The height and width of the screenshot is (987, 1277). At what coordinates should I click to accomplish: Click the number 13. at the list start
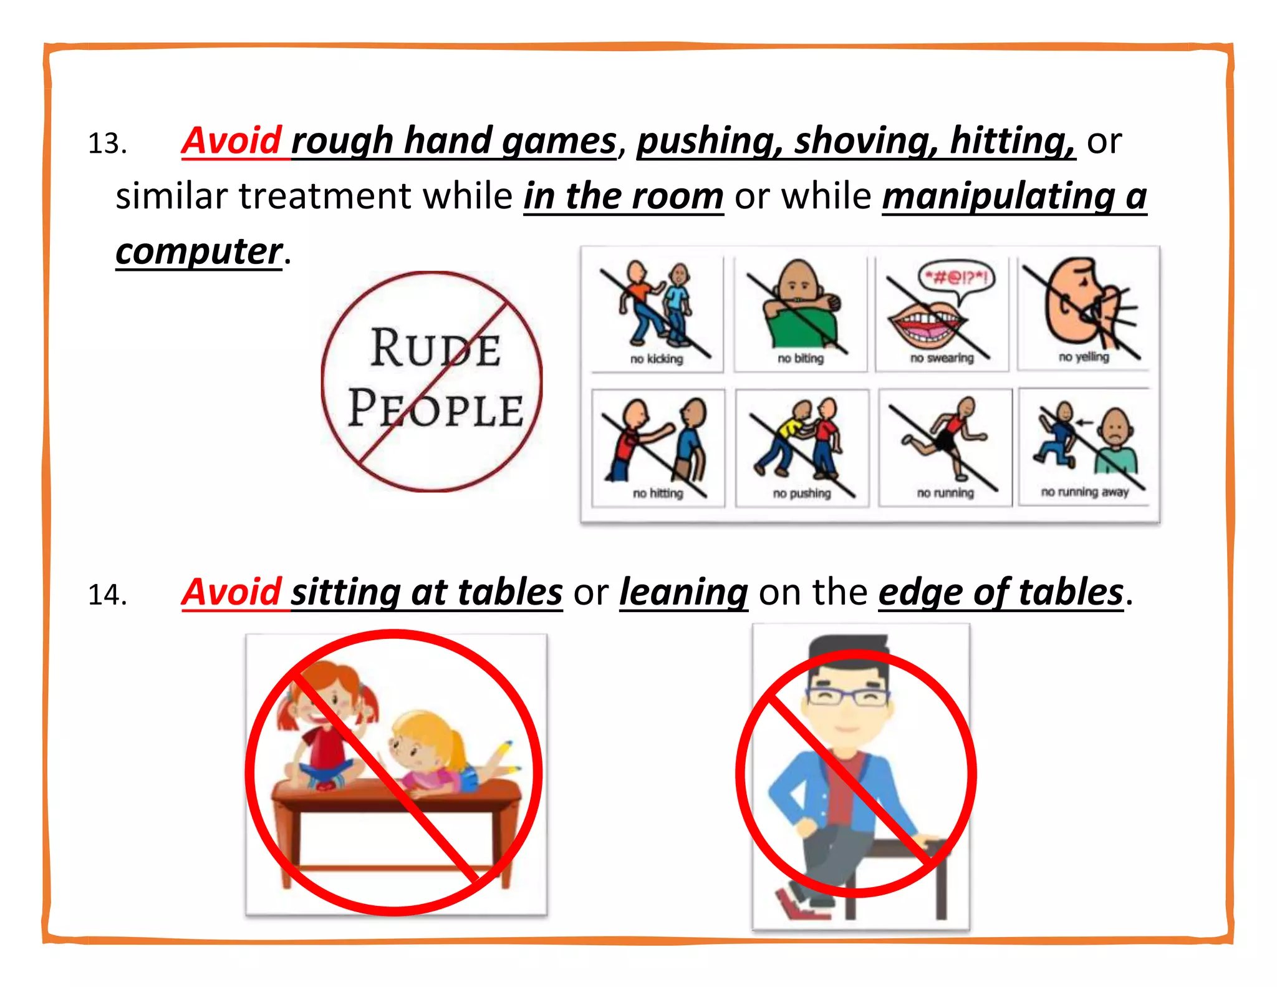coord(107,144)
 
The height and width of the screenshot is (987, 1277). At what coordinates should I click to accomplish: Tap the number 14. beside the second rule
coord(107,595)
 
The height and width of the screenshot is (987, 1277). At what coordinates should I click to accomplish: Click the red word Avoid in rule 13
coord(232,141)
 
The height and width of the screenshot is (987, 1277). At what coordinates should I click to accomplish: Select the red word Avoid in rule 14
coord(232,592)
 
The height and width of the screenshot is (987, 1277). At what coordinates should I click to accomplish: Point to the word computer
coord(199,251)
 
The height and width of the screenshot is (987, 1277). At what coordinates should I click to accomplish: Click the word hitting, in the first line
coord(1013,141)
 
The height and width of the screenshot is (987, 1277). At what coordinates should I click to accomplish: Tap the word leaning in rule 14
coord(683,592)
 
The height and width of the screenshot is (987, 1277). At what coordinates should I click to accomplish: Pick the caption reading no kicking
coord(656,359)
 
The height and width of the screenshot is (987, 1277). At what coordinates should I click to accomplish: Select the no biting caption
coord(801,359)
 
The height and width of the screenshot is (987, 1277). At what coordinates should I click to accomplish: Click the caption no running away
coord(1085,492)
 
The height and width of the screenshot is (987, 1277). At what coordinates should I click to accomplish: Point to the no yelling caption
coord(1084,357)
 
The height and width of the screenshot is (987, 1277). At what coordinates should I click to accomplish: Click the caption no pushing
coord(802,493)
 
